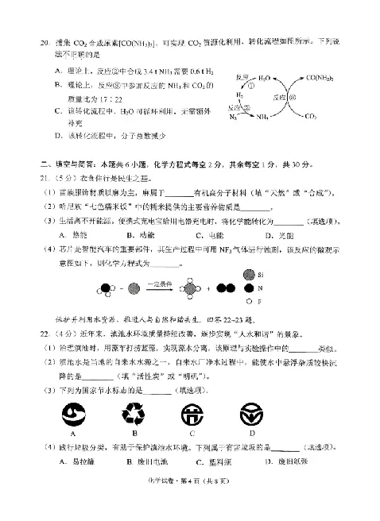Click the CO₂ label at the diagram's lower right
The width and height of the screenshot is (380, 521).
point(332,116)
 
